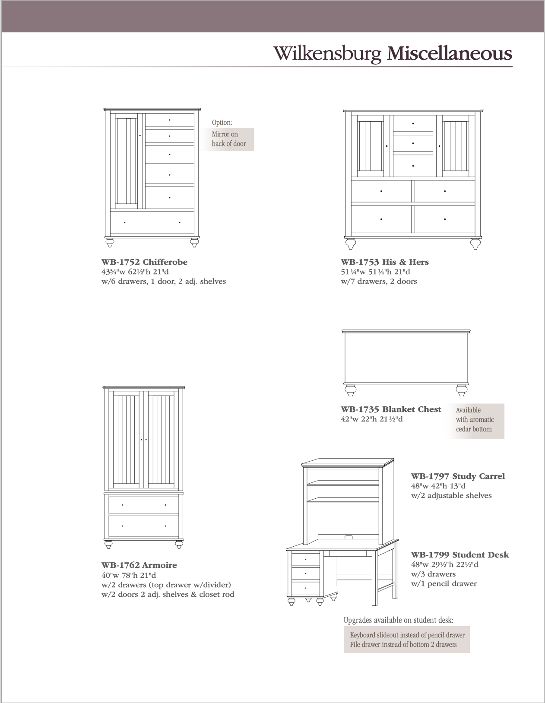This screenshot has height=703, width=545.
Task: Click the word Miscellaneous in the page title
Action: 449,54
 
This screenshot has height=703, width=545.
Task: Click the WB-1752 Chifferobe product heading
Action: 144,262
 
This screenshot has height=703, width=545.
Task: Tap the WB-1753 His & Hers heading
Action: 384,262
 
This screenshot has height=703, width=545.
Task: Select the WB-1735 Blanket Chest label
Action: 391,409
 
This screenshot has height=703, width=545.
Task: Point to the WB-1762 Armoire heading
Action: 139,565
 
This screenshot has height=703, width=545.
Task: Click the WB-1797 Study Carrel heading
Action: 458,476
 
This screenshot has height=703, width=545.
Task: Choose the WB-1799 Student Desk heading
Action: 460,555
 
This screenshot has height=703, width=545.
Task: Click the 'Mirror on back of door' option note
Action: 229,139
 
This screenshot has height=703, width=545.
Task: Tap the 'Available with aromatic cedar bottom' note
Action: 475,420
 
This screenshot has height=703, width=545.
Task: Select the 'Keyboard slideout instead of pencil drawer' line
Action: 407,635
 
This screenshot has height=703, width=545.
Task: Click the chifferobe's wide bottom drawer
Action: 152,223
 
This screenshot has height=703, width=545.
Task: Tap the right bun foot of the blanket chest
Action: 462,391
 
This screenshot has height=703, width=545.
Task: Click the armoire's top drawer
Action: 144,505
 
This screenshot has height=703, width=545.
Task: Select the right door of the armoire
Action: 162,440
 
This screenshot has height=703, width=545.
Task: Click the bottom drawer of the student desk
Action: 306,588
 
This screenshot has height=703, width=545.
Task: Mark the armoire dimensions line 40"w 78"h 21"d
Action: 129,575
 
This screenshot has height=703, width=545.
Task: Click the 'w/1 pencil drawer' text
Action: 444,584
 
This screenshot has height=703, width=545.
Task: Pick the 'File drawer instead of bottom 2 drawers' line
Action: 403,645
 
